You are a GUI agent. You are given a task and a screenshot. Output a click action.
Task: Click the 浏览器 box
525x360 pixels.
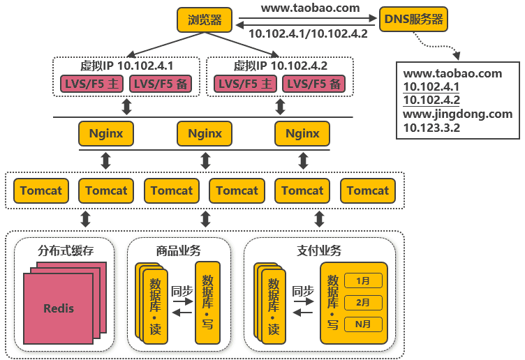click(205, 20)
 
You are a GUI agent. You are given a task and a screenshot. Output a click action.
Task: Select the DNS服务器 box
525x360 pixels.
click(413, 20)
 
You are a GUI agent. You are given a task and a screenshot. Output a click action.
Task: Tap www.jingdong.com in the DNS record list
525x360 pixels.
click(458, 114)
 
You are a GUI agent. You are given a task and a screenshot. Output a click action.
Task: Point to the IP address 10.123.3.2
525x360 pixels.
click(431, 128)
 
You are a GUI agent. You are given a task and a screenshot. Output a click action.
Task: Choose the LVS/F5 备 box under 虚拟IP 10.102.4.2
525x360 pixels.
click(315, 84)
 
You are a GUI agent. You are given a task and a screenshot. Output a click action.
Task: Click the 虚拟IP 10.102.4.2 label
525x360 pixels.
click(280, 66)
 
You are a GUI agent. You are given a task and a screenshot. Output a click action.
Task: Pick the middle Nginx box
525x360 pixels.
click(205, 133)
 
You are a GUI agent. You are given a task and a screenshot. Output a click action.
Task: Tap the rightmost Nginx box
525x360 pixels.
click(302, 133)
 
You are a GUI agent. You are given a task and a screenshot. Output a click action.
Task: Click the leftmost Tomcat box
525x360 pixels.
click(40, 190)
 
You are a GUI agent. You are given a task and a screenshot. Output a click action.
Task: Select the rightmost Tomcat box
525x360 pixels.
click(368, 190)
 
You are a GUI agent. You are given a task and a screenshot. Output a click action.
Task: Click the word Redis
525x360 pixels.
click(58, 308)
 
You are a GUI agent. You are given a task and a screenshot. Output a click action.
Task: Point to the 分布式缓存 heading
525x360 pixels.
click(66, 250)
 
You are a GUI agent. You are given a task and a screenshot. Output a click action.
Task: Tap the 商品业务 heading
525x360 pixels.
click(179, 250)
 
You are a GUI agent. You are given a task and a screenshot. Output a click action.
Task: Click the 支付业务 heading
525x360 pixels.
click(319, 250)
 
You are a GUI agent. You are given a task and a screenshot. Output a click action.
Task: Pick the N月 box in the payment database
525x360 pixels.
click(363, 324)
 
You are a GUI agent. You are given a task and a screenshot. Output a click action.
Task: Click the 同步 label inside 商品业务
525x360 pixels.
click(182, 291)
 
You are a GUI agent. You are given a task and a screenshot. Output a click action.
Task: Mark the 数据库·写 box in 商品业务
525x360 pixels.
click(207, 303)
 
